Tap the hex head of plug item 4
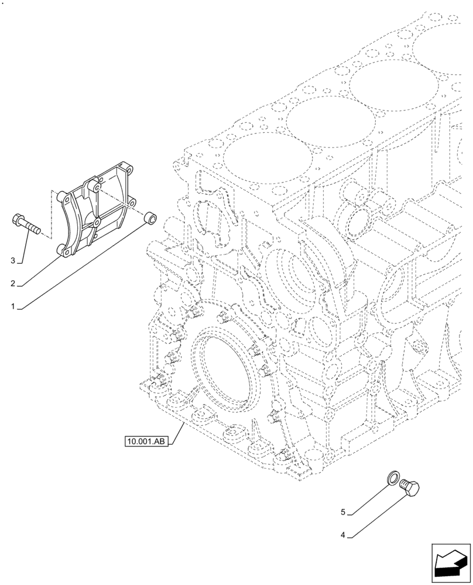[414, 487]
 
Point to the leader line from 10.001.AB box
[177, 433]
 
